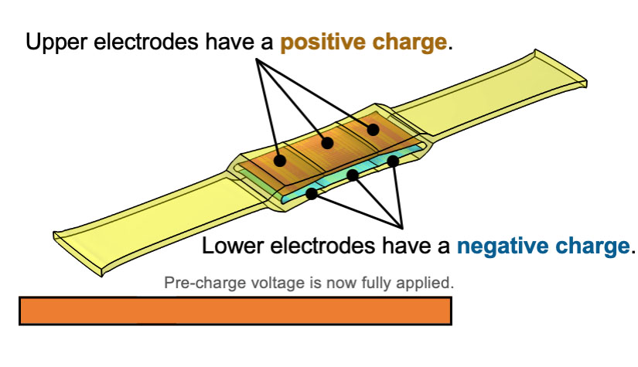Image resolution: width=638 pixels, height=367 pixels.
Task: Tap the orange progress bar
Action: (234, 311)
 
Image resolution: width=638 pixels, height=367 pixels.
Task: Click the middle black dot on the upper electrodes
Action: (327, 143)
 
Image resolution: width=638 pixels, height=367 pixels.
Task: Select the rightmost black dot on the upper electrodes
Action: (373, 128)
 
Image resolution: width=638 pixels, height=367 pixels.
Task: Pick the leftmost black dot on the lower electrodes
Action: (312, 193)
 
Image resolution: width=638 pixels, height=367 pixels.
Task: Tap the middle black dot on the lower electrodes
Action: (353, 175)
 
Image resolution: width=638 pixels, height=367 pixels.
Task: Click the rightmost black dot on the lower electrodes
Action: (393, 161)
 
